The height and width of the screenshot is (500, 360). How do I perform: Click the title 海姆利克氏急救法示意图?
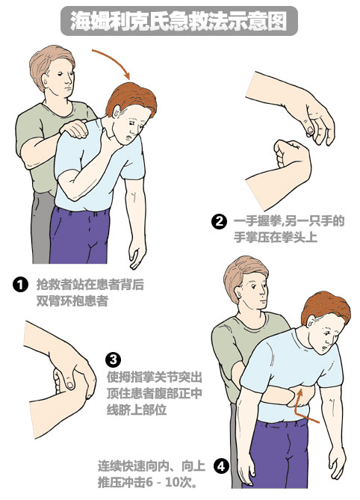point(179,21)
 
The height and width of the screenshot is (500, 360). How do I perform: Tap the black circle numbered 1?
point(20,285)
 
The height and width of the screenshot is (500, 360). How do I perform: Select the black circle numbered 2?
point(219,221)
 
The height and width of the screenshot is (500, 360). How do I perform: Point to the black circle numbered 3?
point(113,359)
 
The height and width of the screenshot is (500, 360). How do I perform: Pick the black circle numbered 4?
point(221,466)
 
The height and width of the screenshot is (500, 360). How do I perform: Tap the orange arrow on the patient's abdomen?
point(304,407)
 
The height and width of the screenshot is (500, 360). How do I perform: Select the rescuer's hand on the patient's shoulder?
point(74,129)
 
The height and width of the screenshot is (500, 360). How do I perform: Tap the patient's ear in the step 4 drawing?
point(310,321)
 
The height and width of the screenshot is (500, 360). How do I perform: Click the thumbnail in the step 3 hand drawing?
point(69,385)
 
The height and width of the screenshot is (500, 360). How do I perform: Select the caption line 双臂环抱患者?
point(72,301)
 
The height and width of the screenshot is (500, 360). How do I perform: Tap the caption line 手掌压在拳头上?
point(276,238)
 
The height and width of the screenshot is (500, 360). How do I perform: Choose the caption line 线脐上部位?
point(137,410)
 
